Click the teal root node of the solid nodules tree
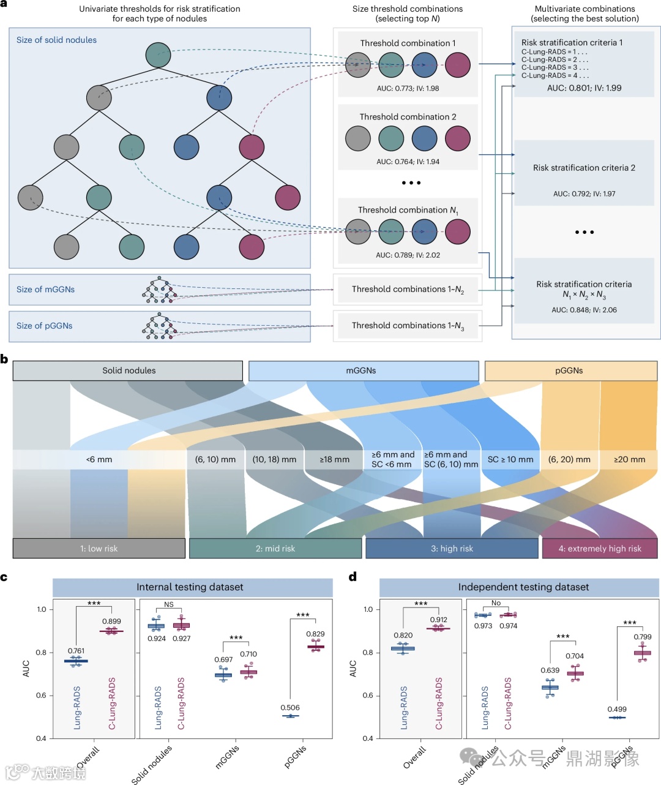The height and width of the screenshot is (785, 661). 158,55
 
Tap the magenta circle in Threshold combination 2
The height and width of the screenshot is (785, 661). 457,138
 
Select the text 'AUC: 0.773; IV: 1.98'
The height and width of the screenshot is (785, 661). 408,89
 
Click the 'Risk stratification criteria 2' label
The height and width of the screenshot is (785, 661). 584,168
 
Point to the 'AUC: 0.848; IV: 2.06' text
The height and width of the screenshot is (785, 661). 584,310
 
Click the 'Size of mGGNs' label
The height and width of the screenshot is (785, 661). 46,290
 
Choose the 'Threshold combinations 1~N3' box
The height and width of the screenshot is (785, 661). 408,326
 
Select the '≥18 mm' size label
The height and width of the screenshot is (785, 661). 334,459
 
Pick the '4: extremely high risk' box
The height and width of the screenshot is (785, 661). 600,549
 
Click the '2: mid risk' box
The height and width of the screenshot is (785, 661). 275,549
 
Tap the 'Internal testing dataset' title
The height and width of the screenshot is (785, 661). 190,587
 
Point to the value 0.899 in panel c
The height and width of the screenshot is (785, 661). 111,622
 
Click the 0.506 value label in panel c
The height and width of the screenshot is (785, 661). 290,708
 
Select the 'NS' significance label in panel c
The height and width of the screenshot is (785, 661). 169,604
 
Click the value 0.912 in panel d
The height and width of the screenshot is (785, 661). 438,620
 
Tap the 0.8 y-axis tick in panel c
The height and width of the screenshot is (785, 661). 42,653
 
